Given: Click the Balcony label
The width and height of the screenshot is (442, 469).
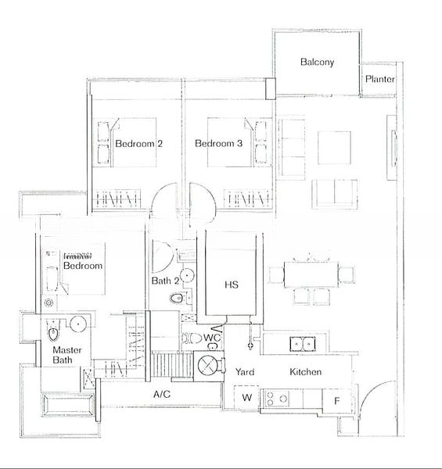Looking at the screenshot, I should click(317, 62).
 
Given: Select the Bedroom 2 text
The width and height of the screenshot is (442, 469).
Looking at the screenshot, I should click(138, 144).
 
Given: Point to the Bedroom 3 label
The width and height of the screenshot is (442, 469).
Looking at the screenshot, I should click(218, 144).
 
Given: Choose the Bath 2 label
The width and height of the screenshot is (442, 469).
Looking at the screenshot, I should click(166, 281).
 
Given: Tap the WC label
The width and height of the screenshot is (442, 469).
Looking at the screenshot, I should click(211, 338).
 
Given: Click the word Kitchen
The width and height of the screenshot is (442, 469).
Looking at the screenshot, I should click(305, 372).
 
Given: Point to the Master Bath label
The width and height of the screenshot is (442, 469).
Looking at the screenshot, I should click(68, 356).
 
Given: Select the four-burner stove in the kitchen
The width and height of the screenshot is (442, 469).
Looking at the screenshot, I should click(278, 399).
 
